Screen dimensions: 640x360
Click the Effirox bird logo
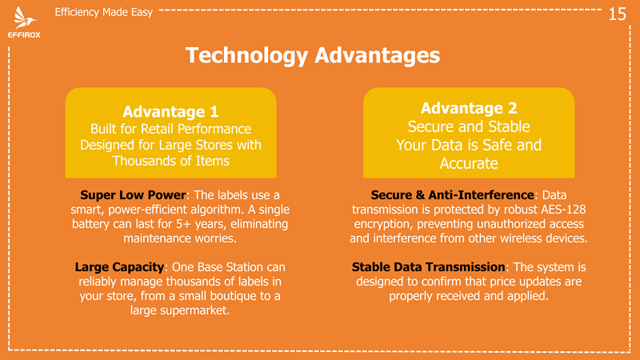(25, 18)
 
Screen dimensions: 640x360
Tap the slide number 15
(617, 14)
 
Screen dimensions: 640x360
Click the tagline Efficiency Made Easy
(104, 12)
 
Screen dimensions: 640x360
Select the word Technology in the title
(246, 55)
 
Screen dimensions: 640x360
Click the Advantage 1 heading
(170, 111)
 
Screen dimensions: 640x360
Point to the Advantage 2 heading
(469, 108)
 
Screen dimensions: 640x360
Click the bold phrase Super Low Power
(133, 195)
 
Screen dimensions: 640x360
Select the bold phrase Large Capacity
(119, 267)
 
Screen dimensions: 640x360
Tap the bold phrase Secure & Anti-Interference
(452, 195)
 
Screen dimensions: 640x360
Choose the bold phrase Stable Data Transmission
(429, 267)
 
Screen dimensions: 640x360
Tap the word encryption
(383, 225)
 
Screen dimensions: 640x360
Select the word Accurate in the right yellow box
(469, 164)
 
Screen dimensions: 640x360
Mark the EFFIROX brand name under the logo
(24, 35)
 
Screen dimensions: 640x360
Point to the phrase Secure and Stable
(469, 127)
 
